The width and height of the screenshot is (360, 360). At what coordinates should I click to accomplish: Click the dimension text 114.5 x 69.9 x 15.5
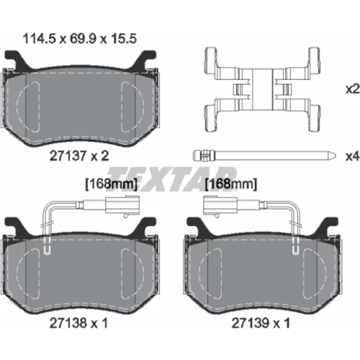[80, 39]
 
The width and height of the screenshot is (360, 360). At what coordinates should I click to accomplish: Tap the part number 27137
[68, 156]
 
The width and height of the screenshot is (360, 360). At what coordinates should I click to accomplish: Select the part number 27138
[68, 323]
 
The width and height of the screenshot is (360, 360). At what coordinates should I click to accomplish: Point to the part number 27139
[250, 323]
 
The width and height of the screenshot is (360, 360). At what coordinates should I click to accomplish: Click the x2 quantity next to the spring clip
[352, 89]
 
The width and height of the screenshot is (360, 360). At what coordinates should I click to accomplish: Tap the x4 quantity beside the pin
[352, 156]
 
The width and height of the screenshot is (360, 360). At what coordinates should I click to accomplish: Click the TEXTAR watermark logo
[171, 179]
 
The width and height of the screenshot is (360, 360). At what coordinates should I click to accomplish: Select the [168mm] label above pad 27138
[112, 184]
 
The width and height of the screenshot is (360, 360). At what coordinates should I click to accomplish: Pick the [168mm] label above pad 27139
[231, 184]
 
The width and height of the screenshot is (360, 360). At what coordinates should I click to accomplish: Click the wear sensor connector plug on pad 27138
[122, 205]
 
